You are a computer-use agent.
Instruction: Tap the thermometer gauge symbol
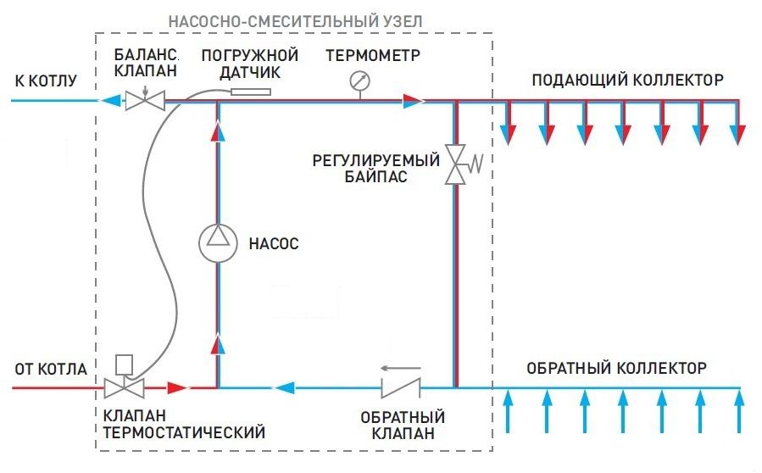point(359,81)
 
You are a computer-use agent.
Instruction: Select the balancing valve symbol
point(145,101)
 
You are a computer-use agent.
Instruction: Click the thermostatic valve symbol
point(125,388)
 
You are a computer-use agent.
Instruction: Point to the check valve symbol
point(401,388)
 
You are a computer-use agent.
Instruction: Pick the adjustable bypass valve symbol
point(457,164)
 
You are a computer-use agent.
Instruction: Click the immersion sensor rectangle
point(251,92)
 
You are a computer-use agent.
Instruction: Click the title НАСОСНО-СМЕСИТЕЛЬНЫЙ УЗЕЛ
point(296,21)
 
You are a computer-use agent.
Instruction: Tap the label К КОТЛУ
point(46,81)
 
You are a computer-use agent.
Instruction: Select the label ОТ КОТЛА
point(51,369)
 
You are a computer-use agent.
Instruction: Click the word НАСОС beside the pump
point(274,243)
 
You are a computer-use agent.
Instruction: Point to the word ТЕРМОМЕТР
point(373,55)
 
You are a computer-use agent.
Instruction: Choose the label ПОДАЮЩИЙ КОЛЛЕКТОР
point(628,80)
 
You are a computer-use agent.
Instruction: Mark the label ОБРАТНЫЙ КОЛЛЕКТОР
point(616,368)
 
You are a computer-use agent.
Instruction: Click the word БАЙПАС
point(376,176)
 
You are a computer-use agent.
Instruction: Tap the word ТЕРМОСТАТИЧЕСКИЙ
point(184,432)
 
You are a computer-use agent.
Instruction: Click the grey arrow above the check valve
point(400,368)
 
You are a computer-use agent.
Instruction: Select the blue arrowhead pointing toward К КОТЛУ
point(110,101)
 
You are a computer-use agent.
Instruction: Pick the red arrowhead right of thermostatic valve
point(178,388)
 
